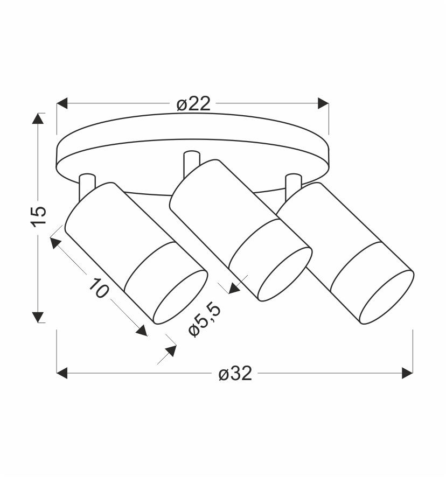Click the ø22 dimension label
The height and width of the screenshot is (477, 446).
(193, 104)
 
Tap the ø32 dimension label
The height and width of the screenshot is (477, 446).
(235, 373)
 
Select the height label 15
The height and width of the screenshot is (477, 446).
(39, 216)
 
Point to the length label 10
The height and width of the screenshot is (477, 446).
(99, 288)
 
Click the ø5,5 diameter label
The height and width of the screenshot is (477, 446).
(205, 320)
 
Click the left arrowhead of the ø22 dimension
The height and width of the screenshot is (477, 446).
(62, 103)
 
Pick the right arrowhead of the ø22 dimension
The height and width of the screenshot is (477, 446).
(323, 103)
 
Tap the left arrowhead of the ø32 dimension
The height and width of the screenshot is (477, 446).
(62, 373)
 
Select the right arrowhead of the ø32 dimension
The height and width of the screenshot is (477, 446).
(407, 373)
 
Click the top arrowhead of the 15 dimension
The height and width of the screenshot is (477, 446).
(38, 118)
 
